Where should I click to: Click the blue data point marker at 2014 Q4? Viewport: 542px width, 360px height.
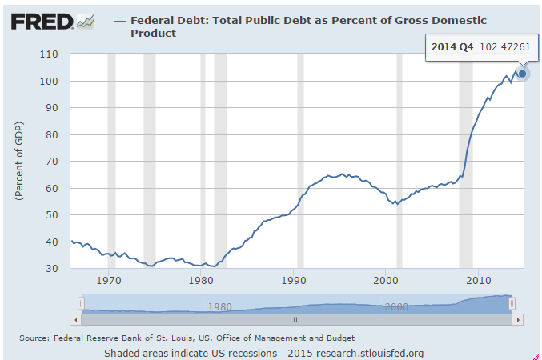pos(522,74)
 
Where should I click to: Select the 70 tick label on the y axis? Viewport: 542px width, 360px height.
pos(54,162)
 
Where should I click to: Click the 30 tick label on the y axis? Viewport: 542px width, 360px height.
pos(54,269)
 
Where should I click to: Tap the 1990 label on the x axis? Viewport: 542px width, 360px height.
pos(294,280)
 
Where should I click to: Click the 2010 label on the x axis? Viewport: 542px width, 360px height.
pos(479,280)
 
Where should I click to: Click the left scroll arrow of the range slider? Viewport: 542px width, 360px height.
pos(75,319)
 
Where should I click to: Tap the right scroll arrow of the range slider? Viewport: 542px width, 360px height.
pos(517,319)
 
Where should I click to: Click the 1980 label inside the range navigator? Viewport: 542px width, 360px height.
pos(219,306)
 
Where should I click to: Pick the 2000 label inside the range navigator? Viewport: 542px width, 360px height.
pos(396,306)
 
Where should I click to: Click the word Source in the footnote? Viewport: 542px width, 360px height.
pos(36,338)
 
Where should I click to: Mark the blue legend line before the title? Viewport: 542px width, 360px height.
pos(120,19)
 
